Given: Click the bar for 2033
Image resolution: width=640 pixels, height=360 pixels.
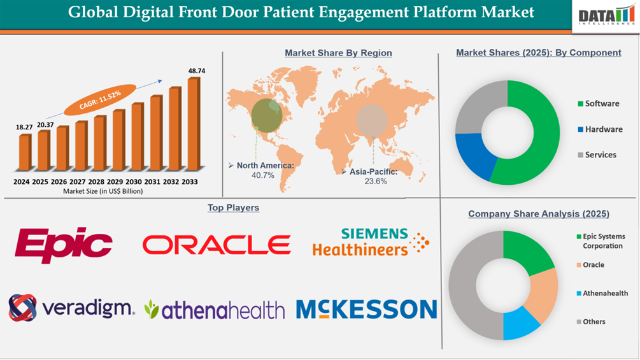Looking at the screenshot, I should coord(193,124).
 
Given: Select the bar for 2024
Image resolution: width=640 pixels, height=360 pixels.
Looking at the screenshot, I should coord(24,152).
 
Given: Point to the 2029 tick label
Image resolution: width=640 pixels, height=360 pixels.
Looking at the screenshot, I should coord(118,182).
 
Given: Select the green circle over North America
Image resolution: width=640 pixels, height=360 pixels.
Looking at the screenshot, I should coord(267,113).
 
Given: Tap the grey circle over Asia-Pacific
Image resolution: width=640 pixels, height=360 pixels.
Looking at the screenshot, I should coord(371,119).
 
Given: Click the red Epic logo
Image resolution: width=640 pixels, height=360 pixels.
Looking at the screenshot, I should coord(64,245).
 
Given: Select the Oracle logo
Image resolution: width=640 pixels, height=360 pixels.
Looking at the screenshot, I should coord(217,245).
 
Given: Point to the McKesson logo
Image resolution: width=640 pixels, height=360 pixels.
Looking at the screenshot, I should coord(366,309).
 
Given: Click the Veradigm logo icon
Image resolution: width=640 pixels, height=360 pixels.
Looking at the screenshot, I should coord(23,308).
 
